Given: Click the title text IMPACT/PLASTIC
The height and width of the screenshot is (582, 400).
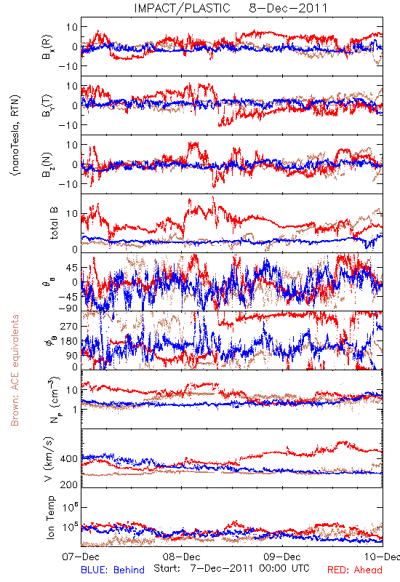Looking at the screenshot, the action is click(x=183, y=8).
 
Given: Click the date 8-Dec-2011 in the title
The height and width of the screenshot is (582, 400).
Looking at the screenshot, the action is click(x=288, y=8).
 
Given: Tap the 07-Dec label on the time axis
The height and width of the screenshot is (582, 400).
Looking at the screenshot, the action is click(x=81, y=557).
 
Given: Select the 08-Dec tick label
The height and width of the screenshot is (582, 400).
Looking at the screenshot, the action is click(x=181, y=557).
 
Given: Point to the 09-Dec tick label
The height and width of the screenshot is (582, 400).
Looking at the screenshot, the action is click(x=282, y=557).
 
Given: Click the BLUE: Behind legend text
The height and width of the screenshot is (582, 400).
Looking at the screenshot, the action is click(x=113, y=570).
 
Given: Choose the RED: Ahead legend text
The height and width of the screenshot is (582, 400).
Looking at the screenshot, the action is click(x=355, y=570).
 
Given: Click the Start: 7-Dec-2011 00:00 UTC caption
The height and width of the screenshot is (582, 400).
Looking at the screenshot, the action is click(x=231, y=568).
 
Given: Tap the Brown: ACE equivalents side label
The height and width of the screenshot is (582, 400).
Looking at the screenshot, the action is click(x=15, y=370).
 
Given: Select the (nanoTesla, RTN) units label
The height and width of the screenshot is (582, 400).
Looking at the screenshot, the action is click(x=15, y=135).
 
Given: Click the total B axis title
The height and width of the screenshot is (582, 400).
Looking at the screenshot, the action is click(x=53, y=223).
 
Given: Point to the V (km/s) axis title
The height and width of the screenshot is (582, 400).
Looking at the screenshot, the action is click(x=49, y=459).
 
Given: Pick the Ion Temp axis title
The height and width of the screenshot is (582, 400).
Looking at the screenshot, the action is click(x=50, y=517).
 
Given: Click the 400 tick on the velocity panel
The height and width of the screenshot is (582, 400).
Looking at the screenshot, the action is click(x=69, y=459).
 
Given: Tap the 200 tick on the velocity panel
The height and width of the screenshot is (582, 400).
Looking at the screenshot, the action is click(x=69, y=485).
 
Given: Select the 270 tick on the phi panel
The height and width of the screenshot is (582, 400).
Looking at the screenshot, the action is click(x=69, y=326).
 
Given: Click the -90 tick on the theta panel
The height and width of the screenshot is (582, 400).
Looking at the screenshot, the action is click(x=68, y=308).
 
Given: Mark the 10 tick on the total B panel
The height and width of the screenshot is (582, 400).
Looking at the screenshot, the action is click(x=72, y=214).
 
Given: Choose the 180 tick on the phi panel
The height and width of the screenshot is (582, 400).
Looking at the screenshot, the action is click(x=69, y=341).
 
